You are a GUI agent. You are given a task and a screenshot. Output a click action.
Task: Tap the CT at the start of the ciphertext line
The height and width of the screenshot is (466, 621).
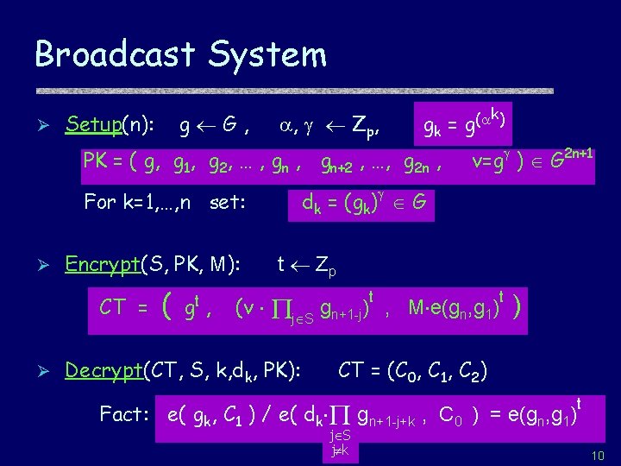tap(117, 306)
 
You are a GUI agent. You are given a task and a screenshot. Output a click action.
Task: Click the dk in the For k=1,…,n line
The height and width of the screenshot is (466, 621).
tap(311, 204)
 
